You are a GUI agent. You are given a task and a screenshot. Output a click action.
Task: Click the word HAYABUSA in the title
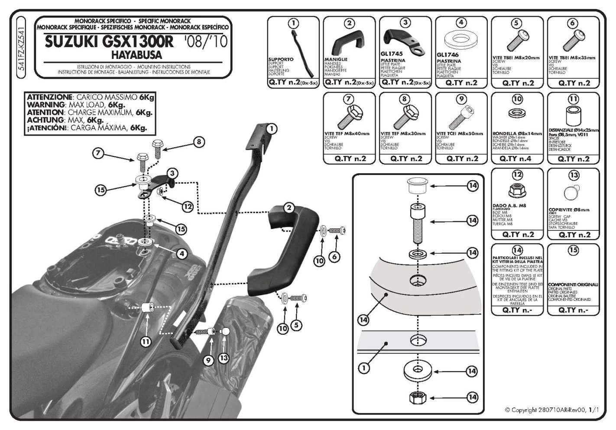pyautogui.click(x=136, y=55)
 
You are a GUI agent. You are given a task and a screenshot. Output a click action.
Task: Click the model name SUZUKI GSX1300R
pyautogui.click(x=109, y=42)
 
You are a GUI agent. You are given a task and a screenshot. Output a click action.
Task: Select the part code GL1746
pyautogui.click(x=448, y=55)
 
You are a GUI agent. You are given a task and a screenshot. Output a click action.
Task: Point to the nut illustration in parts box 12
pyautogui.click(x=517, y=190)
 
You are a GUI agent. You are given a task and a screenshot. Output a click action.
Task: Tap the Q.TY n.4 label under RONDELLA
pyautogui.click(x=517, y=159)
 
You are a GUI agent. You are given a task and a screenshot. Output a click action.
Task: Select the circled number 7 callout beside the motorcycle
pyautogui.click(x=99, y=153)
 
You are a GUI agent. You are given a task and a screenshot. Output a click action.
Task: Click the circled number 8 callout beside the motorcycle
pyautogui.click(x=199, y=141)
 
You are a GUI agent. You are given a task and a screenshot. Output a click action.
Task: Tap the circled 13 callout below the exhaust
pyautogui.click(x=224, y=358)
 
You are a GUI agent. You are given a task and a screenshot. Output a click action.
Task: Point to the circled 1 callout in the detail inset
pyautogui.click(x=364, y=368)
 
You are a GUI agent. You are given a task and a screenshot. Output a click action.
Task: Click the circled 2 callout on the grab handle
pyautogui.click(x=289, y=208)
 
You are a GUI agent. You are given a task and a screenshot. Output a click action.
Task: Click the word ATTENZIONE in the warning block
pyautogui.click(x=49, y=97)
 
